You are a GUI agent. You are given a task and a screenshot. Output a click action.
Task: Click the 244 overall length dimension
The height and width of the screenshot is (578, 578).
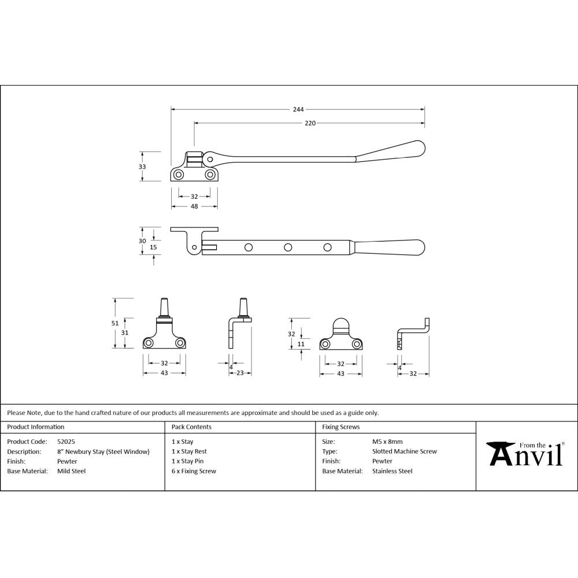pos(298,109)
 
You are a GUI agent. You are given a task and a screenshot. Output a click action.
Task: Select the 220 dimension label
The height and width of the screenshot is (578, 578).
pos(310,123)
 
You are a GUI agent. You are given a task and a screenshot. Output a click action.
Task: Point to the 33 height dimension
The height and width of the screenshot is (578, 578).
pos(142,166)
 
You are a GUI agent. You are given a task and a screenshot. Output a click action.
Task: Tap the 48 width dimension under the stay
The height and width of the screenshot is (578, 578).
pos(194,206)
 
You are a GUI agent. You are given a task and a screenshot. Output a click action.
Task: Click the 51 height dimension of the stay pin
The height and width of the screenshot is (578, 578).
pos(115,323)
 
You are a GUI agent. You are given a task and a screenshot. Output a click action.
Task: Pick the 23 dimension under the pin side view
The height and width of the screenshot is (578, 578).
pos(240,373)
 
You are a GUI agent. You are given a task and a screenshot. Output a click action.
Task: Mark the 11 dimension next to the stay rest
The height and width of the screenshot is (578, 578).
pos(301,344)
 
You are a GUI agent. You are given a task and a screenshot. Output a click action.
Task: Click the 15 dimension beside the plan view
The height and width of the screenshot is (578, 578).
pos(153,247)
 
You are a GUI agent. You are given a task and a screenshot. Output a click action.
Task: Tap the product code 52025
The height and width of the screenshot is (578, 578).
pos(66,442)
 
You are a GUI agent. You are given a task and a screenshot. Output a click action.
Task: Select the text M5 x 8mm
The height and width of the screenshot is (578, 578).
pos(387,442)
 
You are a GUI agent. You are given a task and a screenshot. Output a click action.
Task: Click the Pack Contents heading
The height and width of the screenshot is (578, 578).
pos(191,427)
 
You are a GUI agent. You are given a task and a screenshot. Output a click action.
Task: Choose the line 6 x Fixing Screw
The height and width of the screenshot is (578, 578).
pos(194,471)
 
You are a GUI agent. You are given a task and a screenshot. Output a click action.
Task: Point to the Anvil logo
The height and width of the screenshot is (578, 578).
pos(525,454)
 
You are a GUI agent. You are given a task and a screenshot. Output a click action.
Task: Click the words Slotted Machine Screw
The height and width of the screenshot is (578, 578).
pos(405,451)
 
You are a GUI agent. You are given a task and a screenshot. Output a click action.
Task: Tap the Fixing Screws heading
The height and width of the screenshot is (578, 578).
pos(340,427)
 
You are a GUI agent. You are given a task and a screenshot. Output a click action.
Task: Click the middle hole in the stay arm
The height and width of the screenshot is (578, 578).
pos(287,247)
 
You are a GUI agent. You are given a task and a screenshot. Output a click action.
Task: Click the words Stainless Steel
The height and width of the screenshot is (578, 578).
pos(392,471)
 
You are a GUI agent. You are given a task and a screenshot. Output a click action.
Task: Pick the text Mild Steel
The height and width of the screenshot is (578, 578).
pos(71,471)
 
